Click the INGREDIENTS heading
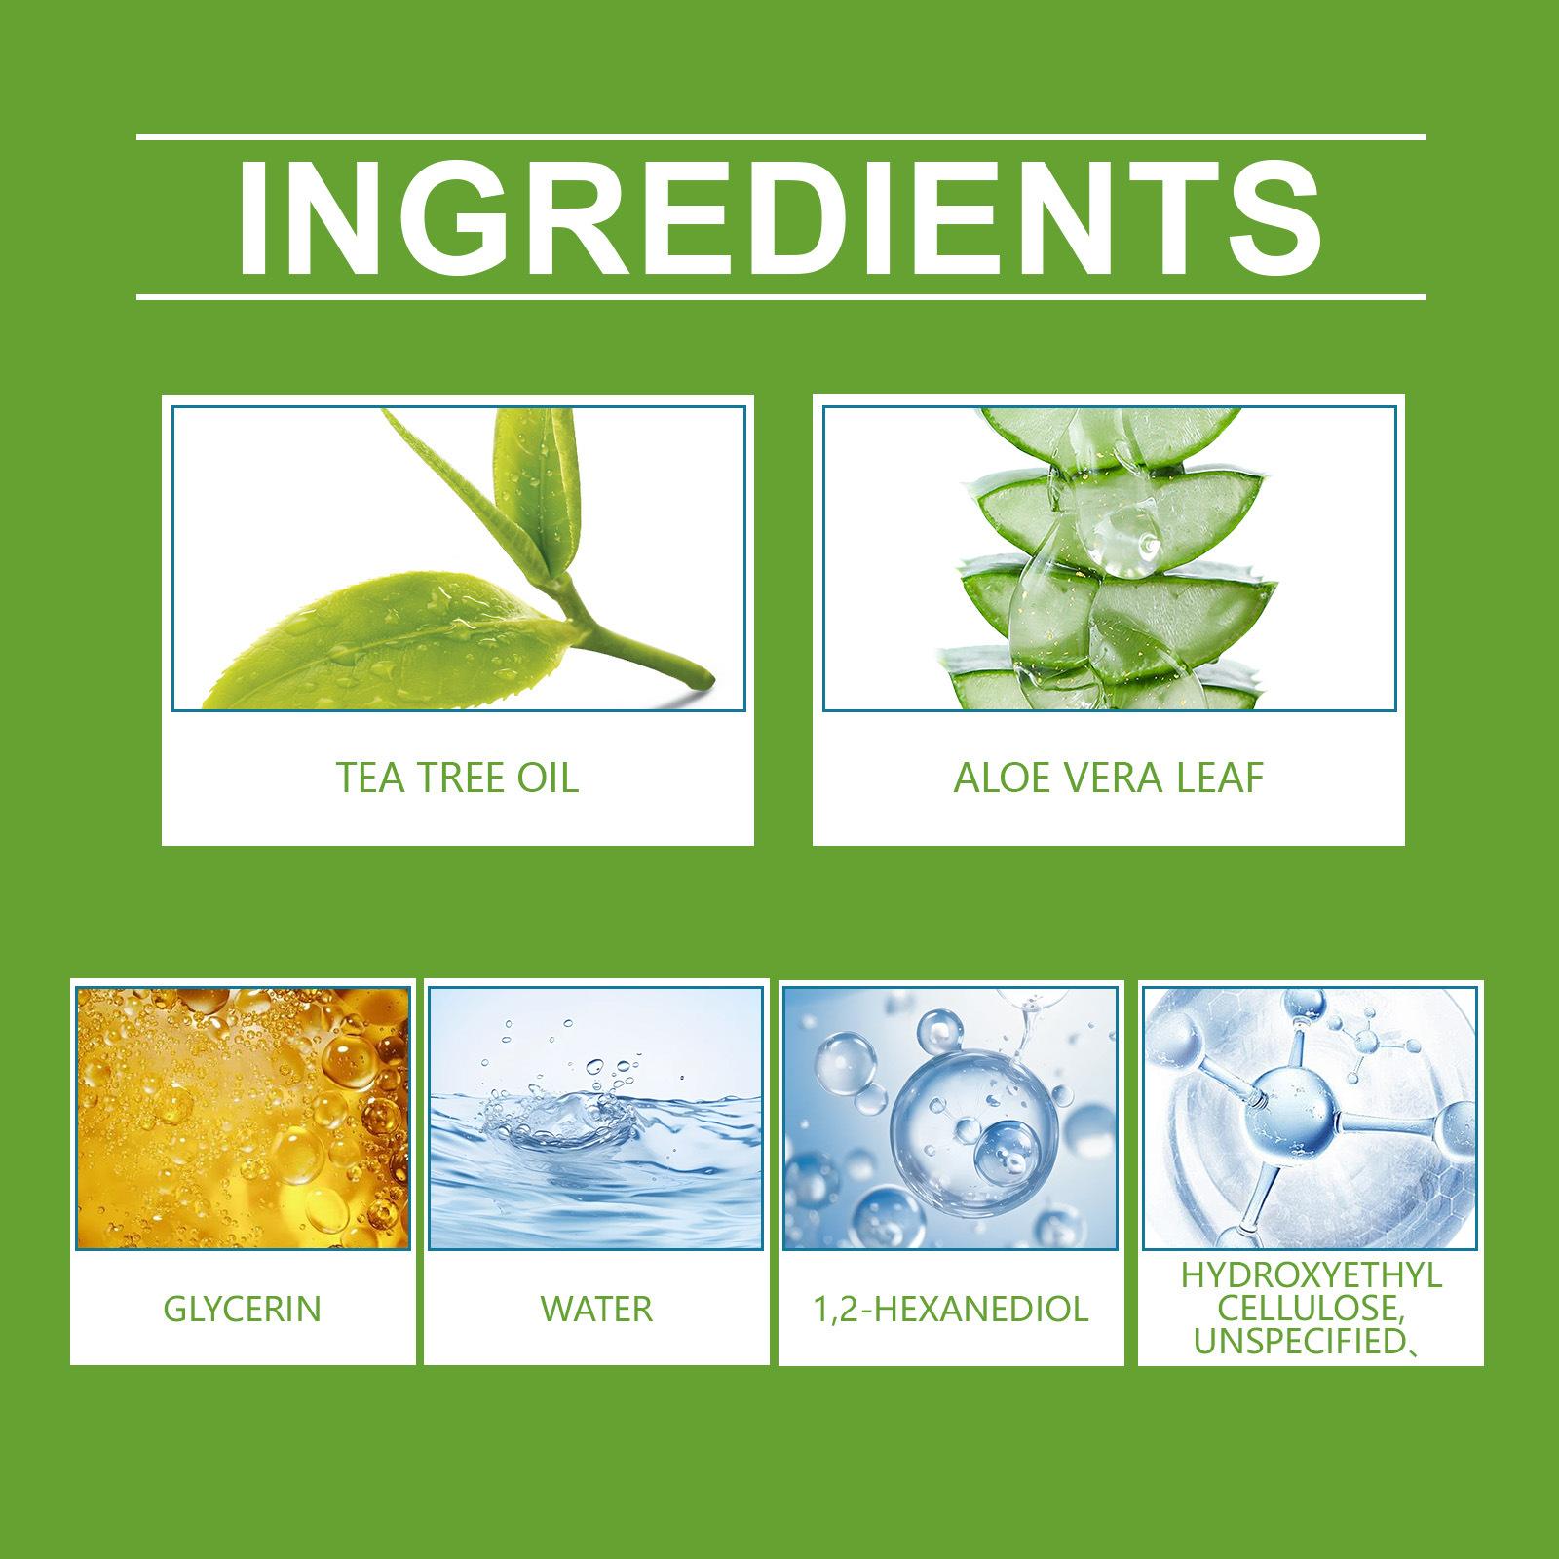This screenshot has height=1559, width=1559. coord(779,215)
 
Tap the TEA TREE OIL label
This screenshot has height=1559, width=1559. coord(457,778)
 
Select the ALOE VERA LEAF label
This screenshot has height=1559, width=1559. coord(1109,778)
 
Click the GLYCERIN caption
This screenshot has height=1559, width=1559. coord(242,1308)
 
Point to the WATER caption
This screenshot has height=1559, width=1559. coord(596,1308)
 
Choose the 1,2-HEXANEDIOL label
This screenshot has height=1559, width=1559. coord(950,1309)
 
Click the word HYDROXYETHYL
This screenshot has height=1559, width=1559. coord(1311,1275)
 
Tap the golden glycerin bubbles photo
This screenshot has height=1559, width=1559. coord(243,1118)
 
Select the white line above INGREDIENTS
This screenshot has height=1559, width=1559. coord(780,137)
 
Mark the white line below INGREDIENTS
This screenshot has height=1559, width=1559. coord(780,295)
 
